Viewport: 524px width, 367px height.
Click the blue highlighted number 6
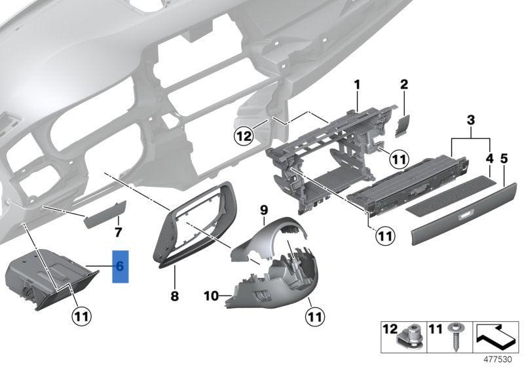click(x=121, y=266)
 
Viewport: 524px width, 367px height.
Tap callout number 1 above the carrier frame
click(x=358, y=85)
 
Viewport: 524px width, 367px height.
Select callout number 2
click(x=404, y=85)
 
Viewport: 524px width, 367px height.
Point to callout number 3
click(x=470, y=119)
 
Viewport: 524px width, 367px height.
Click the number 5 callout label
click(x=504, y=158)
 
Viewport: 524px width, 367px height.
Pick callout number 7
click(x=118, y=233)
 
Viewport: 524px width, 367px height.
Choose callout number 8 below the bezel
click(x=174, y=296)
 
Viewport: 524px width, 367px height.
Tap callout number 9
click(x=264, y=210)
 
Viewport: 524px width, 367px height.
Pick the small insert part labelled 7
click(x=103, y=216)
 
